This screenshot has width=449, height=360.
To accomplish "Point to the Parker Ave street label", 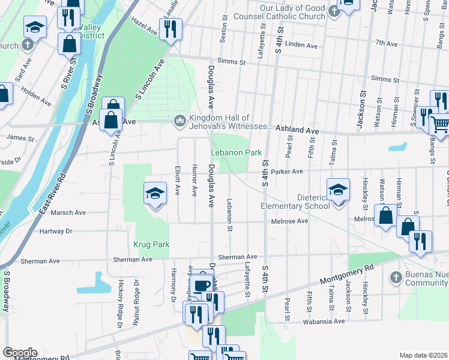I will [286, 171].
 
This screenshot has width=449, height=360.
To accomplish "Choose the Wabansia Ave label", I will [328, 321].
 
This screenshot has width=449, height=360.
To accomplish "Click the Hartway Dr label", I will [55, 231].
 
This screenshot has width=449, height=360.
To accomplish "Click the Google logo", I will [19, 353].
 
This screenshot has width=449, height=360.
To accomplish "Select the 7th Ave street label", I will [387, 44].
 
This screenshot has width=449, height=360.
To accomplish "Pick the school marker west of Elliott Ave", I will [155, 193].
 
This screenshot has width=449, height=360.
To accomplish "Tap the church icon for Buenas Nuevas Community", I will [395, 277].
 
